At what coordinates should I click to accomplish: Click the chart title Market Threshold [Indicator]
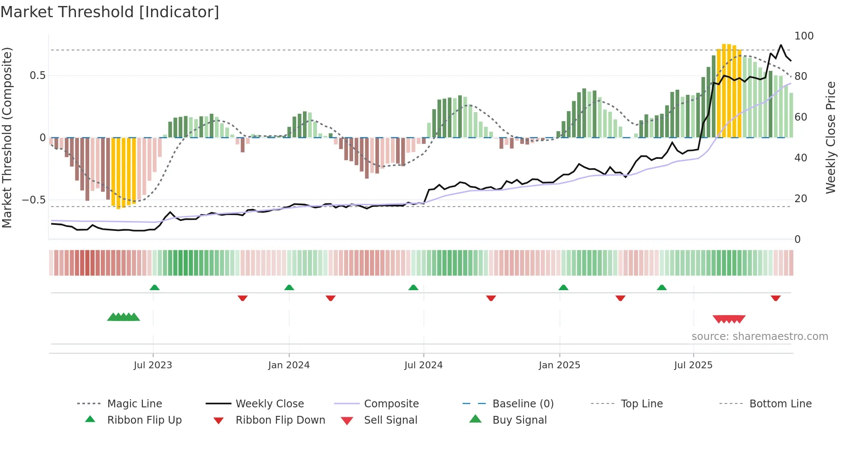pyautogui.click(x=110, y=12)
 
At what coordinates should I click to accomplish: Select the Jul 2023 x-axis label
pyautogui.click(x=153, y=365)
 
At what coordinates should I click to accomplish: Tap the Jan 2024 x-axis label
pyautogui.click(x=289, y=365)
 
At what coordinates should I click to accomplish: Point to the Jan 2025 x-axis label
pyautogui.click(x=560, y=365)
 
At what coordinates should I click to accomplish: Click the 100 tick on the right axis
pyautogui.click(x=804, y=36)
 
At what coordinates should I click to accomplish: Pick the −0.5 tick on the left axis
pyautogui.click(x=33, y=200)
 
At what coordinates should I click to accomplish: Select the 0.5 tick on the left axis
pyautogui.click(x=37, y=76)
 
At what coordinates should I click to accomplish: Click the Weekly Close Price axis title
pyautogui.click(x=831, y=137)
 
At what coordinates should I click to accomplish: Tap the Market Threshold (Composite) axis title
pyautogui.click(x=7, y=137)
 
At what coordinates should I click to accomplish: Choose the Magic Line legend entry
pyautogui.click(x=134, y=404)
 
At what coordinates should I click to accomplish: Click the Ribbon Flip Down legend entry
pyautogui.click(x=280, y=420)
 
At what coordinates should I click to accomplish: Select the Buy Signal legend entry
pyautogui.click(x=519, y=420)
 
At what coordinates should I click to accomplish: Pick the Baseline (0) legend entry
pyautogui.click(x=523, y=404)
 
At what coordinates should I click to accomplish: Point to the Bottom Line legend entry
pyautogui.click(x=780, y=404)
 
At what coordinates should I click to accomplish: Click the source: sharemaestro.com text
pyautogui.click(x=759, y=337)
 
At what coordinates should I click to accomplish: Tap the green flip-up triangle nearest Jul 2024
pyautogui.click(x=413, y=288)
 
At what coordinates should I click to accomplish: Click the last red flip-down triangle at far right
pyautogui.click(x=775, y=298)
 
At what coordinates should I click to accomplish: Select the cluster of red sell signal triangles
pyautogui.click(x=729, y=319)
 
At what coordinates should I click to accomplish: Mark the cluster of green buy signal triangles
pyautogui.click(x=124, y=317)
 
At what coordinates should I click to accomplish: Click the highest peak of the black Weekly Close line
pyautogui.click(x=781, y=45)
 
